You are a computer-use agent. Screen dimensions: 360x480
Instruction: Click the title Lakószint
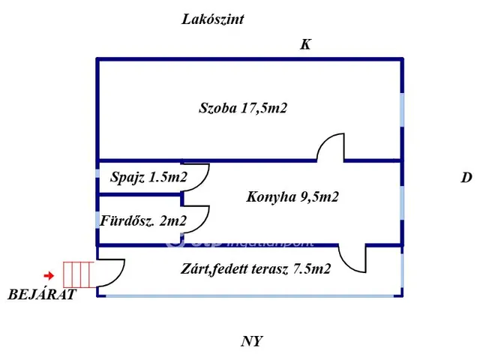click(x=213, y=19)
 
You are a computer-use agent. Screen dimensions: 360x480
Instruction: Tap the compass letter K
click(x=305, y=45)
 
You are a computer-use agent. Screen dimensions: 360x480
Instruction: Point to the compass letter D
click(x=466, y=178)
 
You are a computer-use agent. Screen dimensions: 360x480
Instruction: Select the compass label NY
click(x=251, y=342)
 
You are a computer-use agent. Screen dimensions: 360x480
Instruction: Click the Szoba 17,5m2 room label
click(x=243, y=109)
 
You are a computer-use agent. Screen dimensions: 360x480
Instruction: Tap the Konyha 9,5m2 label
click(x=292, y=197)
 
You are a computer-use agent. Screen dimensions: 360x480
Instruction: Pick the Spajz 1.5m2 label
click(x=148, y=178)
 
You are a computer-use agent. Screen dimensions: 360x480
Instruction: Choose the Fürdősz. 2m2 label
click(x=142, y=220)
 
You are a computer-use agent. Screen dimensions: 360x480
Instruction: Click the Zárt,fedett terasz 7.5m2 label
click(x=256, y=268)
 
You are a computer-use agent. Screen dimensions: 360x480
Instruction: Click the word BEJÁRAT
click(x=42, y=294)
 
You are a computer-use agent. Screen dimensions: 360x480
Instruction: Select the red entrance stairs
click(x=79, y=274)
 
